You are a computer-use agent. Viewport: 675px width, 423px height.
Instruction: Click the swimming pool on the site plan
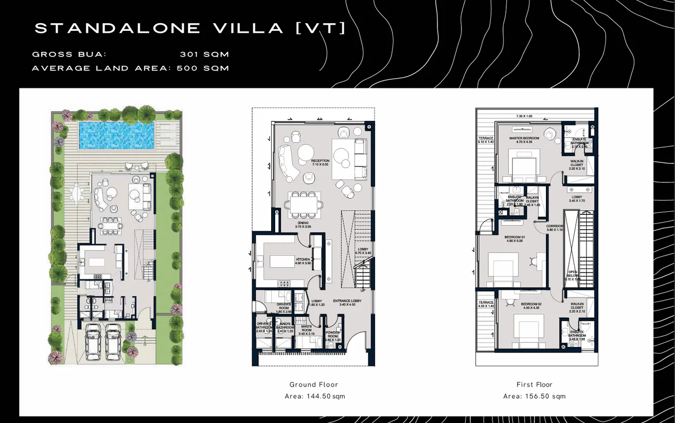(x=118, y=135)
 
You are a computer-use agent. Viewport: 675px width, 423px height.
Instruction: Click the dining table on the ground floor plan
(x=304, y=205)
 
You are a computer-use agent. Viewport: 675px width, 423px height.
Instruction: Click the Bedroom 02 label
(x=530, y=305)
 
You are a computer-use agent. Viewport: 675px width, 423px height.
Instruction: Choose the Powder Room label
(x=333, y=334)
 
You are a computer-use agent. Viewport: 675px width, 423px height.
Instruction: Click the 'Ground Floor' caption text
(x=313, y=384)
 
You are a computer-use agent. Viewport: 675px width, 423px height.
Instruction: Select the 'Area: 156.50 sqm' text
(x=534, y=396)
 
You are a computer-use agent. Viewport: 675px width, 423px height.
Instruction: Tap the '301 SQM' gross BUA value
(x=204, y=54)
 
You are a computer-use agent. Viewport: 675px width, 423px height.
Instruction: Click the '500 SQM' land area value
(x=203, y=68)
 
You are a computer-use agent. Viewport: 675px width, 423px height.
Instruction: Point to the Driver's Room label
(x=283, y=306)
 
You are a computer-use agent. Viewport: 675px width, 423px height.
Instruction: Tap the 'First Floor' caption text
(x=534, y=384)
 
